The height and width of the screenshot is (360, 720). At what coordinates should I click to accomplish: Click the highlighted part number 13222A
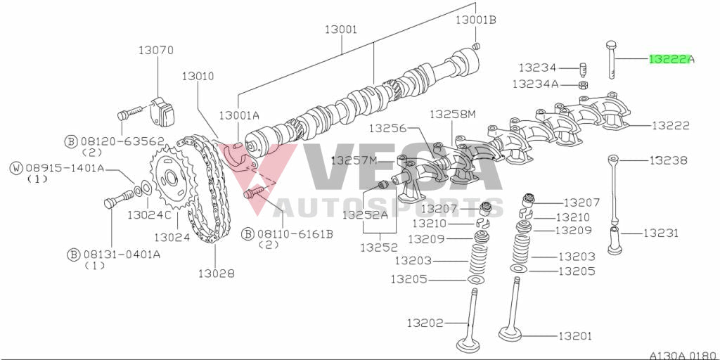pos(671,60)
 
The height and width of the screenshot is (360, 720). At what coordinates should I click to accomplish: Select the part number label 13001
pos(341,30)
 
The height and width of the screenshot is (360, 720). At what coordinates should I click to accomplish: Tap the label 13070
pos(155,51)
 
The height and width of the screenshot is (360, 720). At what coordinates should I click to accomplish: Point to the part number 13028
pos(216,272)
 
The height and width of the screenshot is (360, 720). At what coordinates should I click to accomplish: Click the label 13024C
pos(150,214)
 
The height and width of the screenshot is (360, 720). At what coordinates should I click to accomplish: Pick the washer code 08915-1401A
pos(65,168)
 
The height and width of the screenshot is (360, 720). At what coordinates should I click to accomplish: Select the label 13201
pos(577,336)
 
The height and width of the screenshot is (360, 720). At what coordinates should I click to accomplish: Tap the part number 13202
pos(425,323)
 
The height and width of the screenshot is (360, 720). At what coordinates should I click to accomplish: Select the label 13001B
pos(475,20)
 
